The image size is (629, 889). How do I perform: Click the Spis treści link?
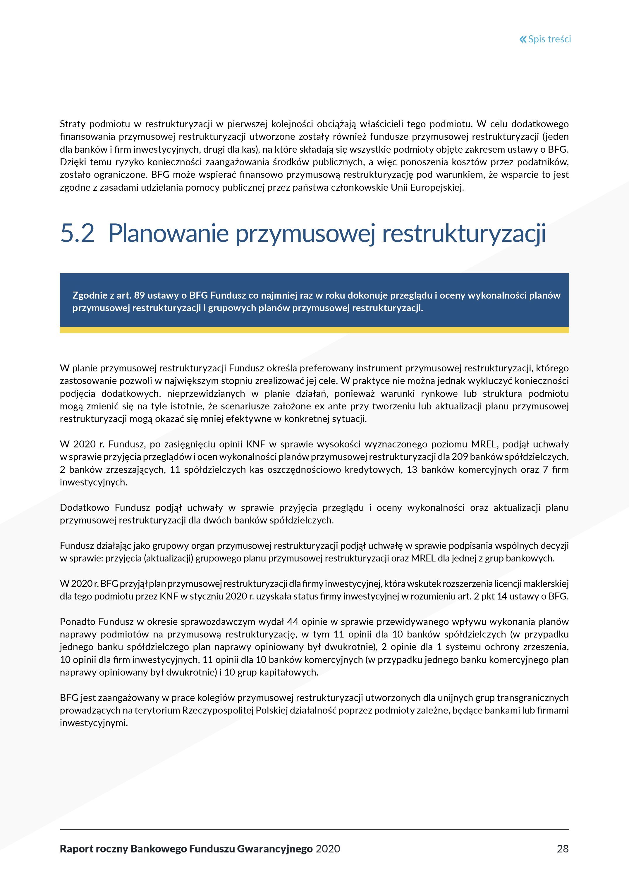click(549, 39)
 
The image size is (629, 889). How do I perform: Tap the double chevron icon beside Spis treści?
click(523, 39)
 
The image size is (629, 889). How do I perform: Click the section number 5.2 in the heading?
click(77, 233)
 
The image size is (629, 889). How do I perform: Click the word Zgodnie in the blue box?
click(89, 295)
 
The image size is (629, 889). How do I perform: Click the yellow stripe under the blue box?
click(314, 330)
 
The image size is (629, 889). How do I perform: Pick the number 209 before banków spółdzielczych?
click(460, 457)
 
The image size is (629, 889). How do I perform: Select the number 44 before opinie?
click(293, 622)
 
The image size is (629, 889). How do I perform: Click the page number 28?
click(562, 849)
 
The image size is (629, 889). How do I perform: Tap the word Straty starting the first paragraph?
click(73, 124)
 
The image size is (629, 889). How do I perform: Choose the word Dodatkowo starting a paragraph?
click(85, 508)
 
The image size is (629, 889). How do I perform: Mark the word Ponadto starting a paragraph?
click(78, 622)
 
